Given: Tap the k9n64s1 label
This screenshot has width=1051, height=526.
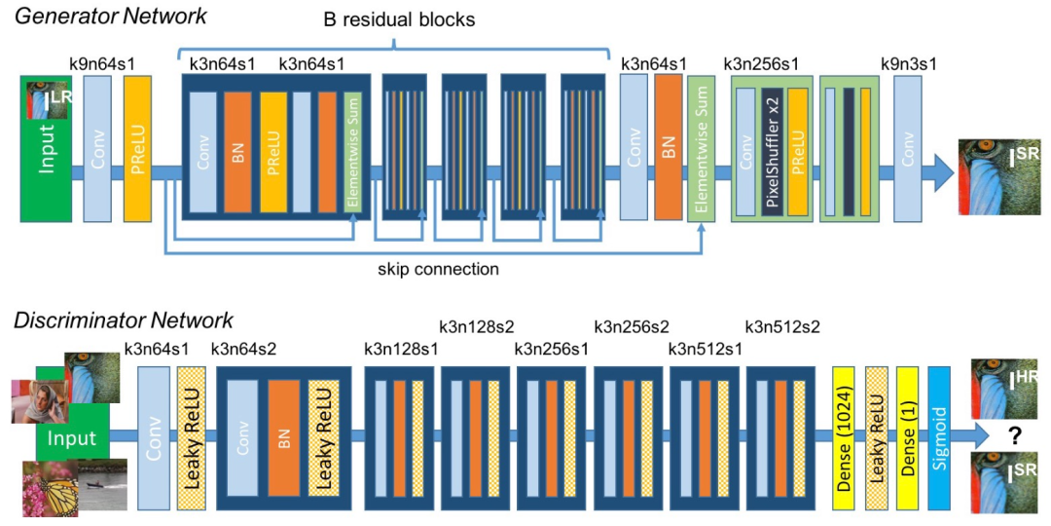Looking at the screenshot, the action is point(102,65).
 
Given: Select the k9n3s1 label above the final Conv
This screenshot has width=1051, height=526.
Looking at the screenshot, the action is point(908,65).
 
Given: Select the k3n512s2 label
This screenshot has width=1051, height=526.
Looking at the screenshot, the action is point(782,327).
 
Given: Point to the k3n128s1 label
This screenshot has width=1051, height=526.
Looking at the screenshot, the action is point(401,349).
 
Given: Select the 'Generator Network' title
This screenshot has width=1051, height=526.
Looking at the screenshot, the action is point(111,19).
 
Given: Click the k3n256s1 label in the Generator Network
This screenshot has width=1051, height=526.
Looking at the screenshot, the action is point(762,65).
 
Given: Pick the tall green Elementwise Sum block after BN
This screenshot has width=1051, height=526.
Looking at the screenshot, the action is point(702,148).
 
